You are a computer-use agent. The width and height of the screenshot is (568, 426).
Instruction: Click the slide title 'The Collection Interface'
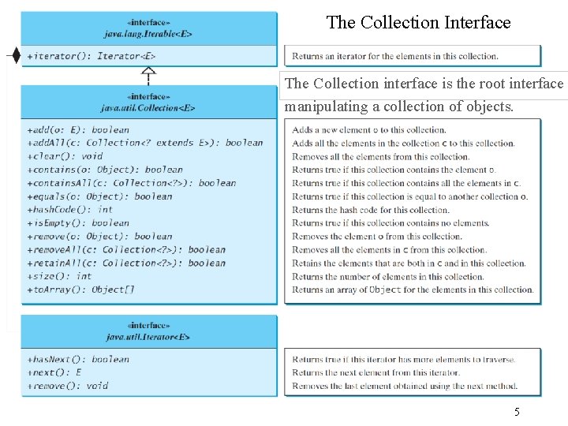tap(418, 23)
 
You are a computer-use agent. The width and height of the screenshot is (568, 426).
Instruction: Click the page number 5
tap(517, 411)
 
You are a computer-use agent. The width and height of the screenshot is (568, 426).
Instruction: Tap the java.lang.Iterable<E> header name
tap(148, 34)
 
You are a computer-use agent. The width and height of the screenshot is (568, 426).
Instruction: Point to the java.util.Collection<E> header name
tap(148, 107)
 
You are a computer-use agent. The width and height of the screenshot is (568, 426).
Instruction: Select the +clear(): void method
tap(65, 156)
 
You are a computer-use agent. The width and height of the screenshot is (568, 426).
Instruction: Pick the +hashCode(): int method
tap(69, 210)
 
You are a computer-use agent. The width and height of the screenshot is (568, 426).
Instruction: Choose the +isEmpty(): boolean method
tap(77, 223)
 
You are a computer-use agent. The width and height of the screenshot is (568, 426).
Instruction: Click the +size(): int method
tap(59, 276)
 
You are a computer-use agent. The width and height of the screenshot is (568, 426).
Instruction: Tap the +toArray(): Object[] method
tap(80, 290)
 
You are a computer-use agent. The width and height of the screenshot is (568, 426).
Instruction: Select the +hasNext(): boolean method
tap(77, 359)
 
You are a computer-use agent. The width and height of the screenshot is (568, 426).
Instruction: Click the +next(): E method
tap(54, 372)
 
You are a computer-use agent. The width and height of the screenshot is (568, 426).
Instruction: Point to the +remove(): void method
tap(67, 386)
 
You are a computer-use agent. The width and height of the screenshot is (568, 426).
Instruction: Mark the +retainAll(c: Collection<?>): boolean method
tap(125, 263)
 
